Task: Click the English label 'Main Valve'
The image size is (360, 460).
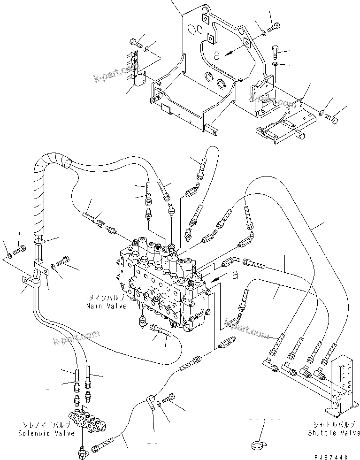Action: pyautogui.click(x=106, y=306)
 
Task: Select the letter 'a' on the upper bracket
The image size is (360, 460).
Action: pyautogui.click(x=216, y=55)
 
